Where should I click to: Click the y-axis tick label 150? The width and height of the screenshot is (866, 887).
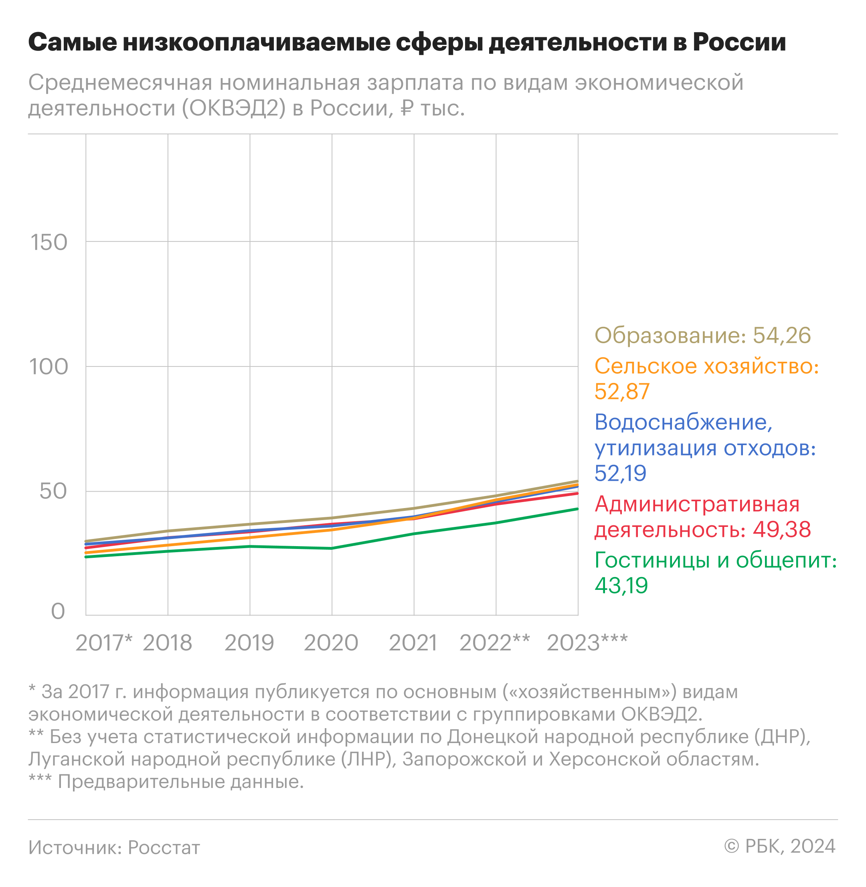point(49,243)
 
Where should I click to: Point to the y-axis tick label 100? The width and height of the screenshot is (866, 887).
point(49,367)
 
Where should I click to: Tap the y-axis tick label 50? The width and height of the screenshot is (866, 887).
point(53,492)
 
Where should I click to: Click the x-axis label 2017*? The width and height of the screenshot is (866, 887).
point(104,643)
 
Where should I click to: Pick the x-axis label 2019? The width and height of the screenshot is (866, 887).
point(249,643)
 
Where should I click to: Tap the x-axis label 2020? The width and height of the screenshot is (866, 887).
point(331,643)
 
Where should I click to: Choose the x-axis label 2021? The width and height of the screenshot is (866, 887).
point(413,643)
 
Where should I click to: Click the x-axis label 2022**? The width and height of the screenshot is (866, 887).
point(495,643)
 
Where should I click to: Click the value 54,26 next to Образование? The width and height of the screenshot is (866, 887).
point(782,336)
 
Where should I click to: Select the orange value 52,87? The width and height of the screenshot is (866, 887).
point(622,392)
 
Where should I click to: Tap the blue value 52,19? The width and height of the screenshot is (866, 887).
point(620,474)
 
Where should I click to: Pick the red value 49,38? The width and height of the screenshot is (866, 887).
point(782,529)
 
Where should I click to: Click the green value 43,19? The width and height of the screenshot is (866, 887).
point(621,585)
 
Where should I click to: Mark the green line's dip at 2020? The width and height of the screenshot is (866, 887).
point(332,549)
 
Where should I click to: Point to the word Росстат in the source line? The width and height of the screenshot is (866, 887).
point(164,847)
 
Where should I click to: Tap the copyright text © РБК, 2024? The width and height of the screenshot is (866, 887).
point(779,846)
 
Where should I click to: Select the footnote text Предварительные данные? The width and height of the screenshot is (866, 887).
point(180,782)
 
